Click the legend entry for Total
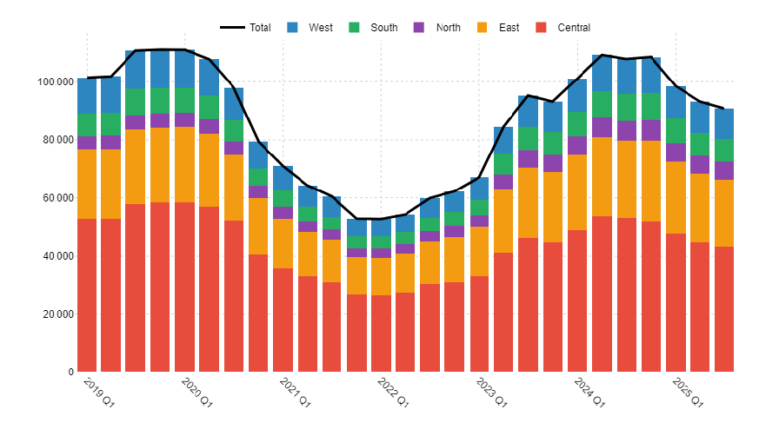(245, 27)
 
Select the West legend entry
(310, 27)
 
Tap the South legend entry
(373, 27)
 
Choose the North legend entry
(436, 27)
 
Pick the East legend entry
(498, 27)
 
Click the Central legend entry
(563, 27)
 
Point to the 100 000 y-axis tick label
(55, 82)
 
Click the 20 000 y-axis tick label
(57, 314)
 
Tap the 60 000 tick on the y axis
(57, 198)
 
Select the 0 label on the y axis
(71, 372)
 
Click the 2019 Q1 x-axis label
(99, 393)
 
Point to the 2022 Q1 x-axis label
(393, 393)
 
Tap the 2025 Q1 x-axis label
(688, 393)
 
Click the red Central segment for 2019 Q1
(87, 295)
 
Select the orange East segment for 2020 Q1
(185, 164)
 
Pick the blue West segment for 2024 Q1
(577, 96)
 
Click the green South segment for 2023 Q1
(479, 208)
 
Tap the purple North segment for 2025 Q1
(676, 153)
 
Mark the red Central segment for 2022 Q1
(381, 334)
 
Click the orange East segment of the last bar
(724, 213)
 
